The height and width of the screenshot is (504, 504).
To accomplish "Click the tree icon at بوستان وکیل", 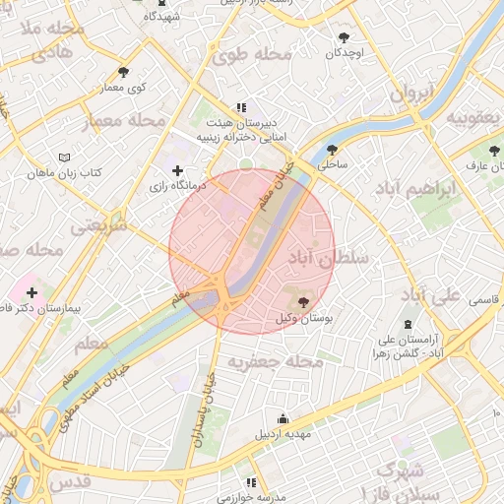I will [300, 302].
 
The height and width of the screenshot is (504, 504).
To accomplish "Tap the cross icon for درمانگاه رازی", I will [177, 171].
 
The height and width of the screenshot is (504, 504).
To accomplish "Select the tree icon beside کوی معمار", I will [122, 73].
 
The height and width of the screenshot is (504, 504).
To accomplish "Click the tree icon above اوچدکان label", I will [343, 37].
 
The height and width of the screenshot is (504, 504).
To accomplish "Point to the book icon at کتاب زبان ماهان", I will [64, 157].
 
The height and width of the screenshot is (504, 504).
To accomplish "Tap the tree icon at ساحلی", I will [332, 151].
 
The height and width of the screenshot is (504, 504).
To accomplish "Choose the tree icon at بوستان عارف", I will [493, 151].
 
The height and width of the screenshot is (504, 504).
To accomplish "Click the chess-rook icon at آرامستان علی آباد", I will [409, 325].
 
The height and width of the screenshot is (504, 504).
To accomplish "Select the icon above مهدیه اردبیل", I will [283, 417].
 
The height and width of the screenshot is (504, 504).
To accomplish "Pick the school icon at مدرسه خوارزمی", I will [252, 483].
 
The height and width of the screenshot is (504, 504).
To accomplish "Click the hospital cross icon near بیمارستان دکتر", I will [32, 292].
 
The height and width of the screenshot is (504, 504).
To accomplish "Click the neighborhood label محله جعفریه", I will [276, 363].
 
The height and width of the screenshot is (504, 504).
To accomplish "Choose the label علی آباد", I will [429, 294].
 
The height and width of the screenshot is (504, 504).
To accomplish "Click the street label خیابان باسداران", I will [206, 403].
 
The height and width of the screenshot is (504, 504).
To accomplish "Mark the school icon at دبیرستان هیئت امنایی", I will [240, 108].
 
